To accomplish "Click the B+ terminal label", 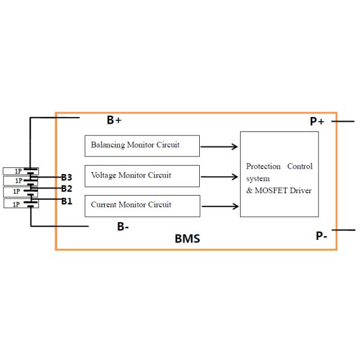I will pos(114,120).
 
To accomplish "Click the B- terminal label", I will pos(123,227).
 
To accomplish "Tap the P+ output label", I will pos(317,121).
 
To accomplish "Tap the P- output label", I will pos(322,236).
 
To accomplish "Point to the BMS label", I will pos(187,239).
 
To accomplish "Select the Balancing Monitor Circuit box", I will pos(142,145).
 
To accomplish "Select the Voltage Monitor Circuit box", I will pos(142,176).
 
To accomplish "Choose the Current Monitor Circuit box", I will pos(142,205).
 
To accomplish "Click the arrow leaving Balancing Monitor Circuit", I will pos(220,146).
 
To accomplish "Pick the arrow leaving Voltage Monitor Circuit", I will pos(220,177).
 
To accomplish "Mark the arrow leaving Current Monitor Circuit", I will pos(220,207).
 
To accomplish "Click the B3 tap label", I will pos(66,178).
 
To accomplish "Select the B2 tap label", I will pos(66,188).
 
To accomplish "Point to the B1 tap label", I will pos(66,201).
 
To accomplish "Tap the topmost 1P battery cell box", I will pos(20,171).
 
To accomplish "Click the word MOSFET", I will pos(271,191).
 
